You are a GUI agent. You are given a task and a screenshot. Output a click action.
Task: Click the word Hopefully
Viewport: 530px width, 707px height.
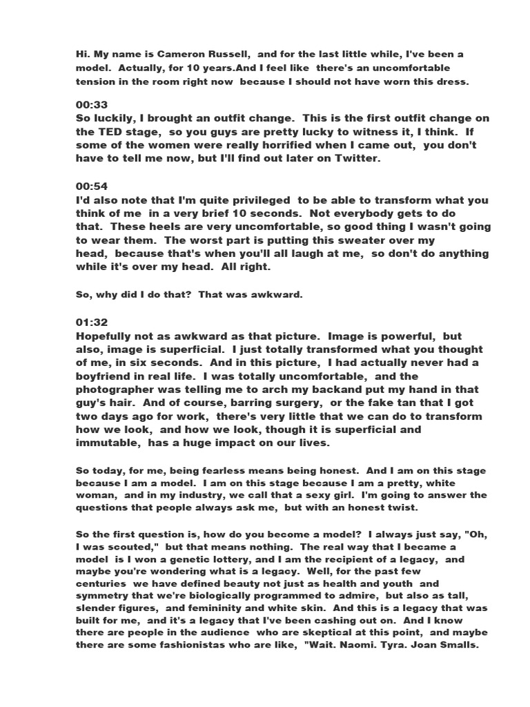[x=106, y=336]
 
